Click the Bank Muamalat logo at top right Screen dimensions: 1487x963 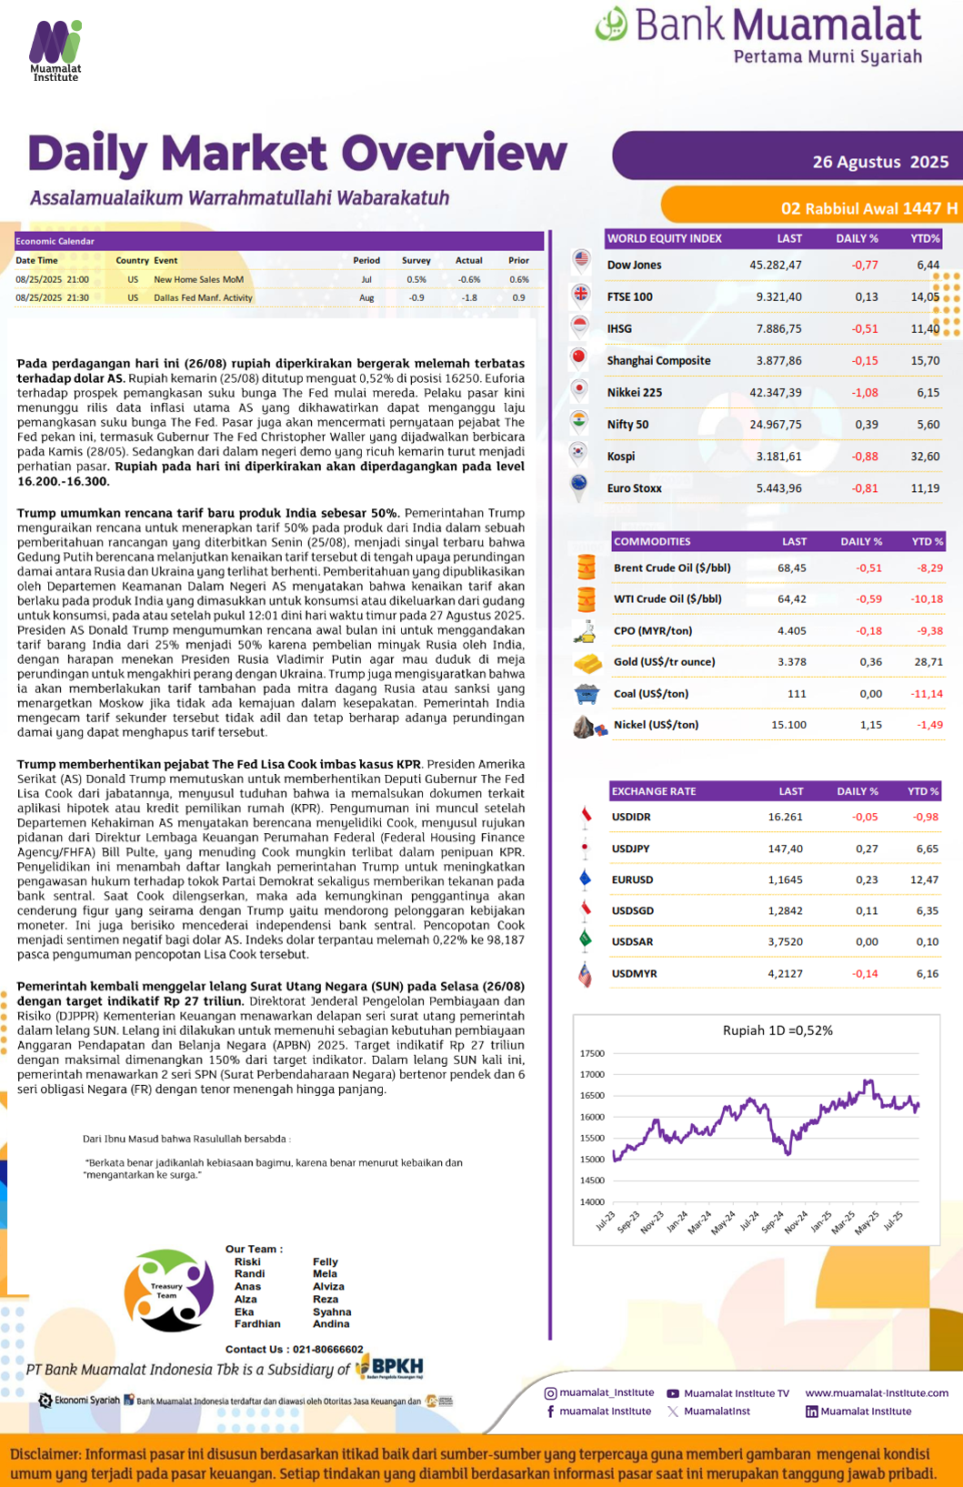[759, 35]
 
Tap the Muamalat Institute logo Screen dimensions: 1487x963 [55, 51]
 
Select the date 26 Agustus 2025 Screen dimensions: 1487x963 [880, 162]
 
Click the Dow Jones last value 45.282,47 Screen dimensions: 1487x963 [775, 266]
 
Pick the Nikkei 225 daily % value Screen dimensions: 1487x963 [864, 393]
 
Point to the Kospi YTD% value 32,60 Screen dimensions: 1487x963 [925, 457]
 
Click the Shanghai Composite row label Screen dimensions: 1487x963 [658, 361]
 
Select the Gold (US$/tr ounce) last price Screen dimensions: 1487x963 [791, 662]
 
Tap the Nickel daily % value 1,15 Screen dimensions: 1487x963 [870, 725]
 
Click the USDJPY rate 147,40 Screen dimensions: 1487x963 [785, 849]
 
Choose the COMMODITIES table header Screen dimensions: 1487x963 [652, 542]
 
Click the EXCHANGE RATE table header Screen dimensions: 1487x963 [654, 791]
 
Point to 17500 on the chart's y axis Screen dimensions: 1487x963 [592, 1053]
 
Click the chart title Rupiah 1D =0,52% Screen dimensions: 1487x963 [777, 1030]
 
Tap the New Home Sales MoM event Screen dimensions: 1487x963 [198, 279]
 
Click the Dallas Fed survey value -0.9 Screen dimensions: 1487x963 [416, 297]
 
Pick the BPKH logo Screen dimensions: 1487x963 [390, 1367]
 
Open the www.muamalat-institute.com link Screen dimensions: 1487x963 [877, 1392]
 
